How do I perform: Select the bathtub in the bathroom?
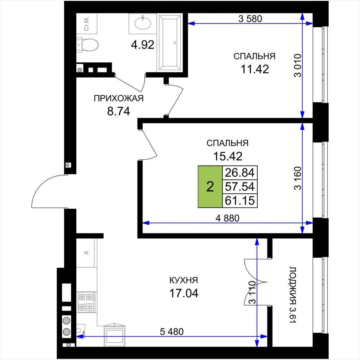coord(170,43)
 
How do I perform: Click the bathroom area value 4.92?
coord(143,45)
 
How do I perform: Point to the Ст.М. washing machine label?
coord(87,24)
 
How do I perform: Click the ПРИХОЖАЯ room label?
coord(119,98)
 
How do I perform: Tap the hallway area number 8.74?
coord(119,111)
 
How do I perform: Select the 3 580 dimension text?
coord(250,19)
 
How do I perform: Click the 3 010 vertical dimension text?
coord(297,65)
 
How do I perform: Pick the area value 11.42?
coord(255,69)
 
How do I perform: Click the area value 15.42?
coord(228,156)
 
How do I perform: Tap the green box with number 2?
coord(210,187)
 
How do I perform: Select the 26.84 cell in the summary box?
coord(240,173)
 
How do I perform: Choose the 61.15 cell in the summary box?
coord(240,201)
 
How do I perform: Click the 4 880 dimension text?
coord(227,218)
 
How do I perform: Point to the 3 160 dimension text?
coord(297,178)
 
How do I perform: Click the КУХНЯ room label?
coord(184,280)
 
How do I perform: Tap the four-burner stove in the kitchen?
coord(87,302)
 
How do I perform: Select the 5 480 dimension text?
coord(172,332)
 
